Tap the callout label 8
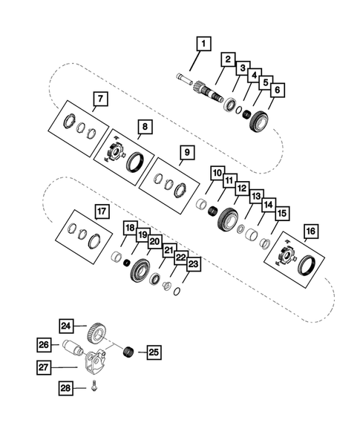click(145, 128)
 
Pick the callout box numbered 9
click(187, 154)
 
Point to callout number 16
click(310, 231)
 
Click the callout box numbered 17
click(101, 211)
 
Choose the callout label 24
click(67, 326)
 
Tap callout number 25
click(154, 352)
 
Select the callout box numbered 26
click(44, 344)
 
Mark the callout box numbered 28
click(68, 389)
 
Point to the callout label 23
click(193, 263)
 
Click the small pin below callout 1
click(184, 76)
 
